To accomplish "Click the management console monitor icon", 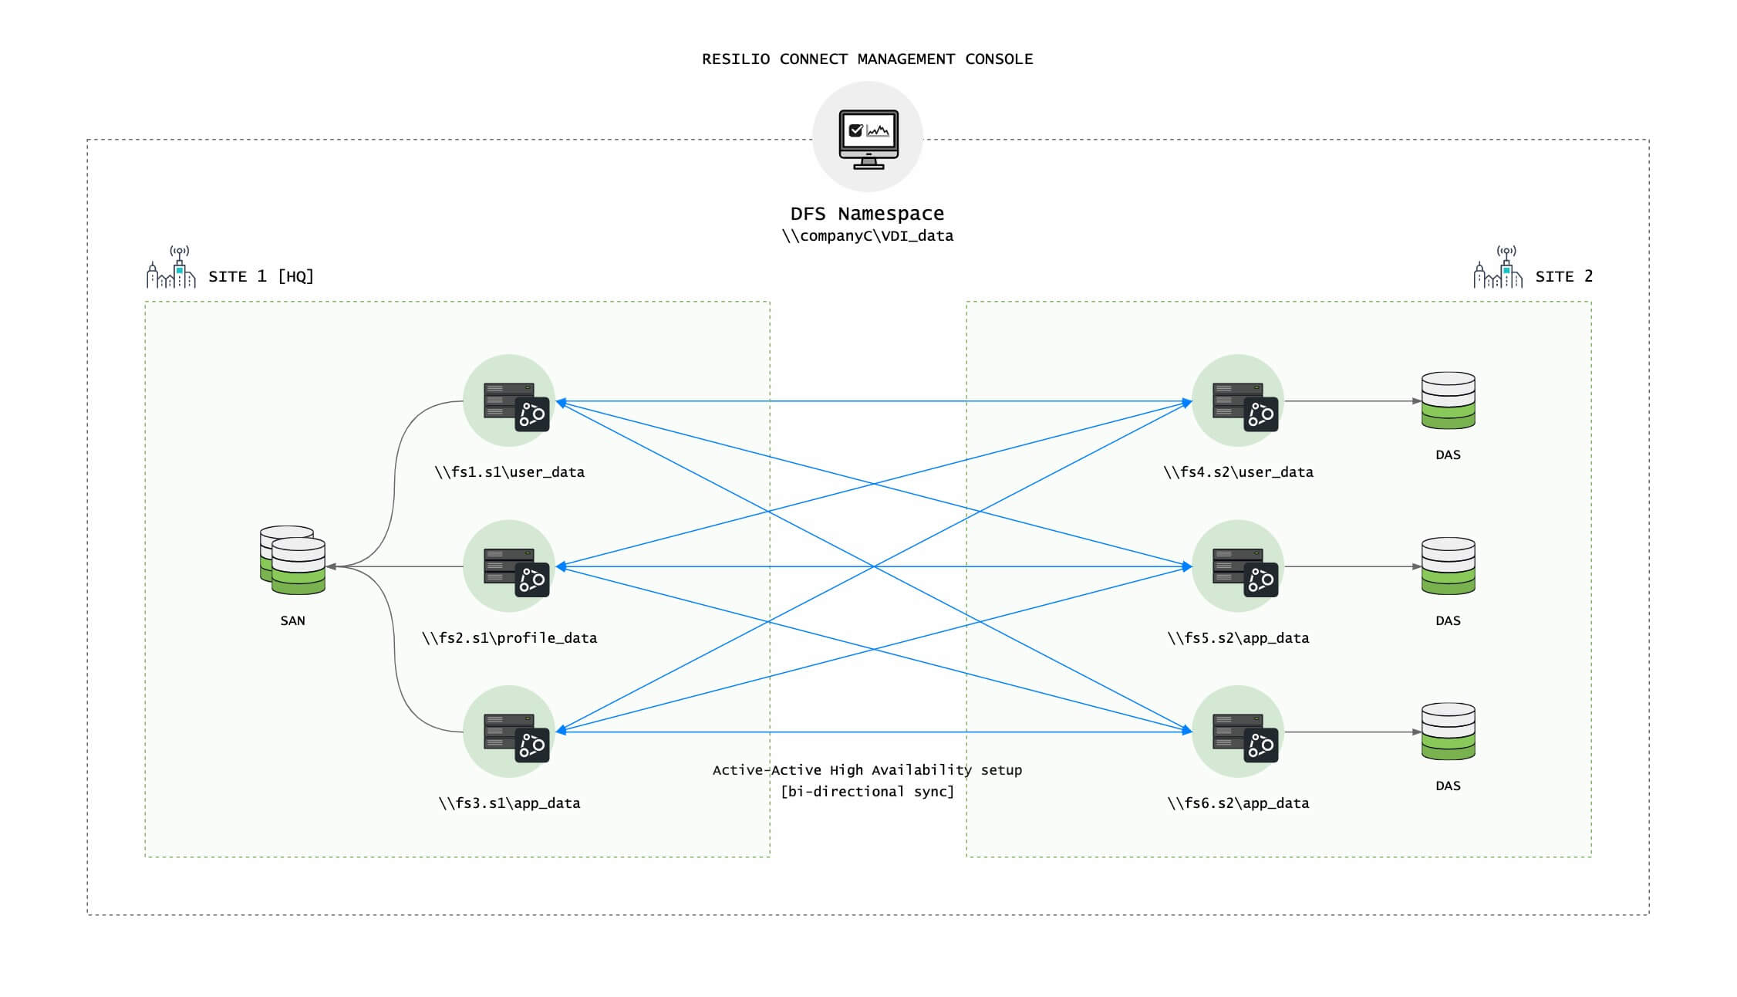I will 868,137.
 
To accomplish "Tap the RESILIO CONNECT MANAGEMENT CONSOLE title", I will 867,59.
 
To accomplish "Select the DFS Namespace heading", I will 867,213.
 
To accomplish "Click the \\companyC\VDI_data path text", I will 867,236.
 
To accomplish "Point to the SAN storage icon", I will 292,560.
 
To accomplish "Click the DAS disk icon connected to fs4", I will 1448,400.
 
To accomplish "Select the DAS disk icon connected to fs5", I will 1448,566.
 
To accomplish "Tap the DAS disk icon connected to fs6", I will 1448,732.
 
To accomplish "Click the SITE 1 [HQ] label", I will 261,276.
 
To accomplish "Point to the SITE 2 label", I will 1563,276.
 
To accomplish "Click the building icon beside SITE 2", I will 1498,268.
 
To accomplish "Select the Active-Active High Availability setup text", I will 867,770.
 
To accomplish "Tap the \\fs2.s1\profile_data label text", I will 509,638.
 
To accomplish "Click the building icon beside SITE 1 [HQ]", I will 171,268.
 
